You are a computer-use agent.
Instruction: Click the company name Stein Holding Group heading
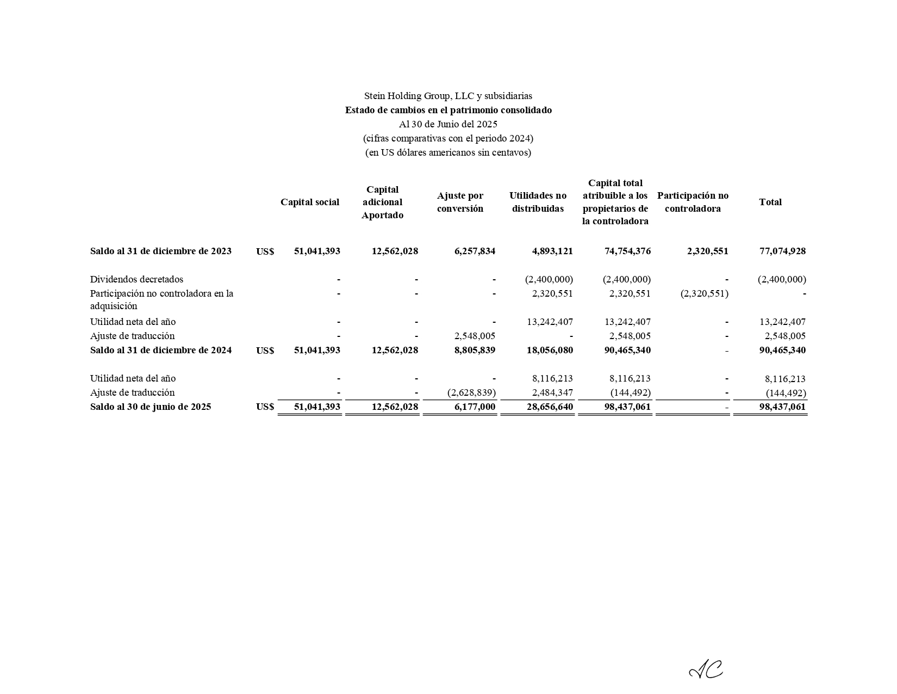pos(448,96)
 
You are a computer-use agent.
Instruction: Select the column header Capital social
pos(309,202)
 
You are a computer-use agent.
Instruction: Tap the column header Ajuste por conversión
pos(460,202)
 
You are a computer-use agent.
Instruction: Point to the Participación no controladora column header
pos(693,202)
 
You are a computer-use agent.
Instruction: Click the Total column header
pos(770,202)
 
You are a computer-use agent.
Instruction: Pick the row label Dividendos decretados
pos(136,279)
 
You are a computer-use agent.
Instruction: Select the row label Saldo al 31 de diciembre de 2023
pos(161,251)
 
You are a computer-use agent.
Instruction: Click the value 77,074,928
pos(782,251)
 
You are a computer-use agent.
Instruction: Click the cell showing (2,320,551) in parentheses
pos(704,293)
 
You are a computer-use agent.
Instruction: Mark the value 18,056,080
pos(550,350)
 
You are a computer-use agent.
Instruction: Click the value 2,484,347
pos(552,392)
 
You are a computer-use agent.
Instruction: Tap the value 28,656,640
pos(550,407)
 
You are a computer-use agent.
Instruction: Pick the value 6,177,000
pos(474,407)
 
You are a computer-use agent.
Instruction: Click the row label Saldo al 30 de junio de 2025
pos(151,407)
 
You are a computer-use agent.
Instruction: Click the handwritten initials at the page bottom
pos(706,670)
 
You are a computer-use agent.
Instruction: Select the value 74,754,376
pos(627,251)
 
